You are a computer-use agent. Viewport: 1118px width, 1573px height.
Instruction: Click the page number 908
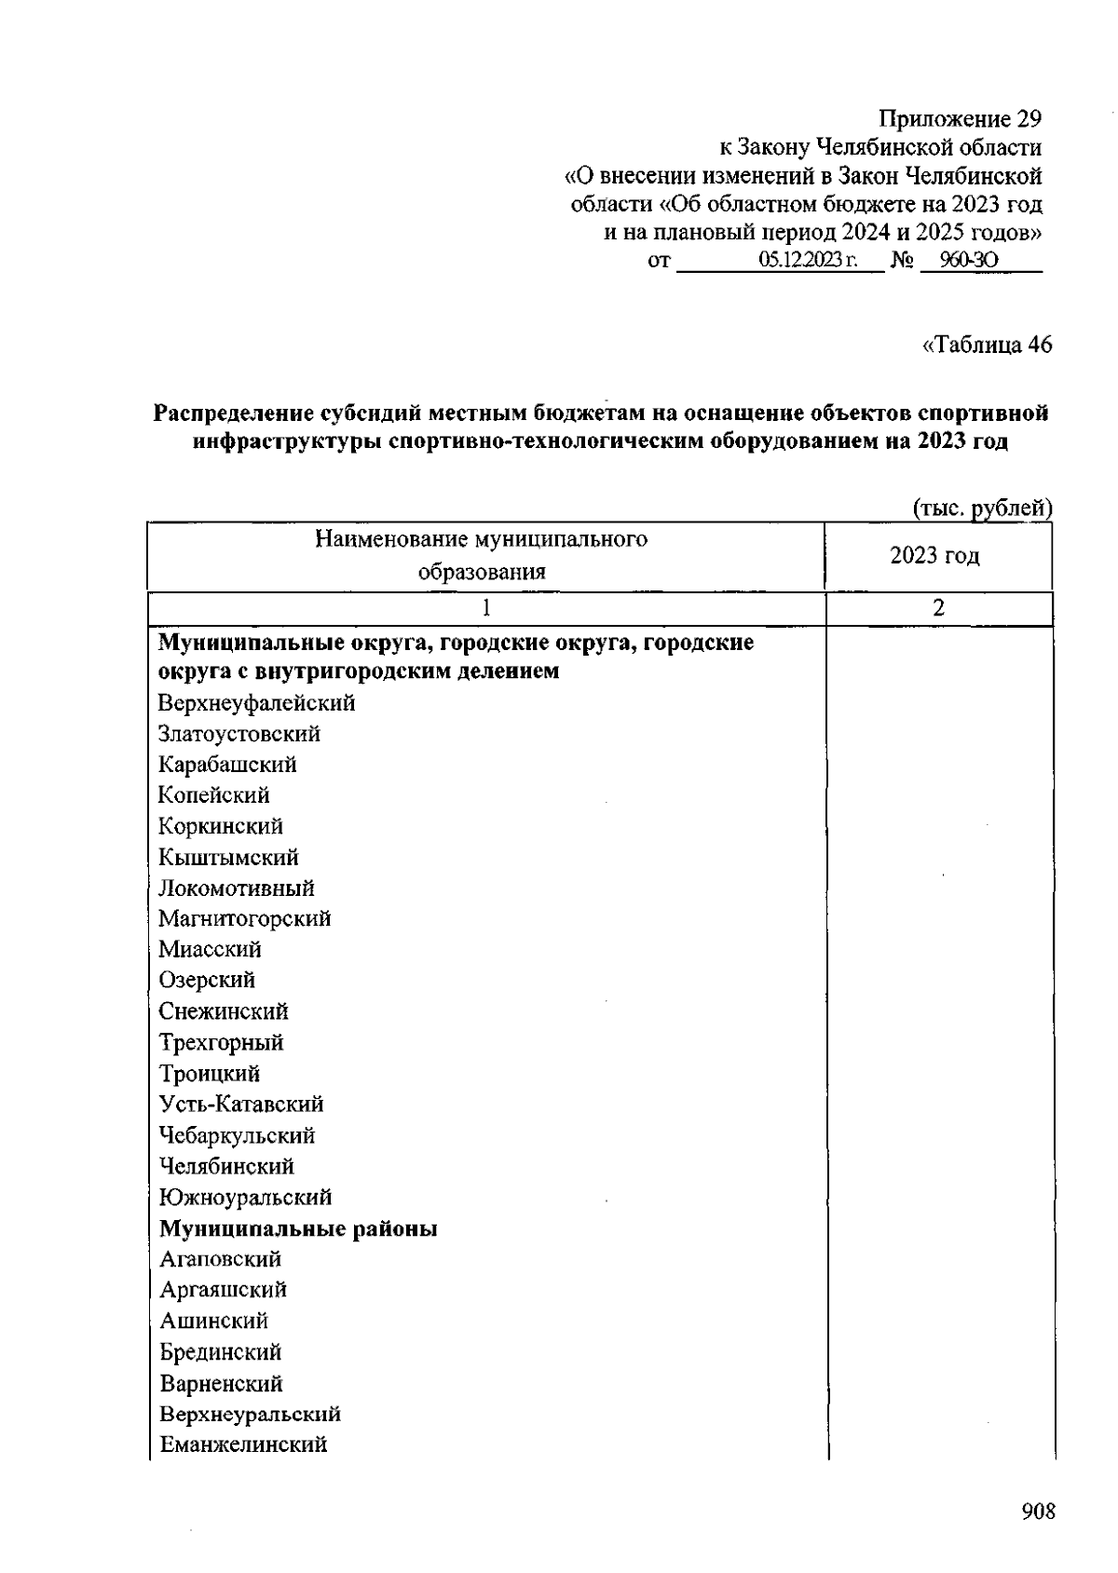1038,1511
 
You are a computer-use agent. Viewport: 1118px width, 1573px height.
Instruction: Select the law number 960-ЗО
969,261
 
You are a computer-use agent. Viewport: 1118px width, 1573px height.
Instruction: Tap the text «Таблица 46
987,345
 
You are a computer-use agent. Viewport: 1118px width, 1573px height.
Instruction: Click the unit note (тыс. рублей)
982,508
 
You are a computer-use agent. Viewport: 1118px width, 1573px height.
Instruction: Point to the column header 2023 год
934,556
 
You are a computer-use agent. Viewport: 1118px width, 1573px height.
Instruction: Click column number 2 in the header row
938,608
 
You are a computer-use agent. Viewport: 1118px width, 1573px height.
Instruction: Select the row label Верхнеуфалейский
256,703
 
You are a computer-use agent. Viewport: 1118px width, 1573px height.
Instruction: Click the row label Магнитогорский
244,919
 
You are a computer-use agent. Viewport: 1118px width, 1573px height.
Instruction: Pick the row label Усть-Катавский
240,1105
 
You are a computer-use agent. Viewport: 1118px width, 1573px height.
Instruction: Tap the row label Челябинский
226,1166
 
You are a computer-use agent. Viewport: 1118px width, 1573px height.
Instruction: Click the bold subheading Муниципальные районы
298,1228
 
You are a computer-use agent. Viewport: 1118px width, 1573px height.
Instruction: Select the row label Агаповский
220,1259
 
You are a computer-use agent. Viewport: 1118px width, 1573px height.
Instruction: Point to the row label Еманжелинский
243,1444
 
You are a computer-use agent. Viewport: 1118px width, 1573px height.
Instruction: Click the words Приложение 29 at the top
960,119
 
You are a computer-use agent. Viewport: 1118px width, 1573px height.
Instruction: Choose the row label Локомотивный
236,888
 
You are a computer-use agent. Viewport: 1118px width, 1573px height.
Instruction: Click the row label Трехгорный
221,1042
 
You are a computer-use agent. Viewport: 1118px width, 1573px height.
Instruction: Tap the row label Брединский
220,1352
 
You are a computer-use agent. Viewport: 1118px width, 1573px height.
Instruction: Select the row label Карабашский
227,765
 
